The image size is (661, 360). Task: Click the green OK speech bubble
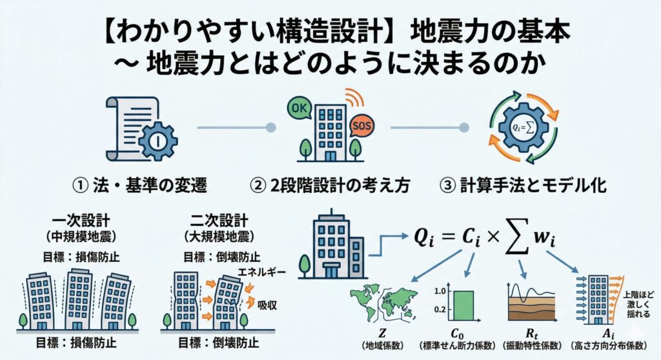coord(299,108)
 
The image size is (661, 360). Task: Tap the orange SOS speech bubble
coord(361,126)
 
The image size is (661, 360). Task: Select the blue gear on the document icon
coord(158,141)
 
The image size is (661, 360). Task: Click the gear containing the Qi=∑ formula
coord(523,127)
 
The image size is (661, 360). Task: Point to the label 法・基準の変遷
coord(150,185)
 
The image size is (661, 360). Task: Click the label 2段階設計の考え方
coord(340,185)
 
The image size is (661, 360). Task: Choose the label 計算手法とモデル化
coord(533,185)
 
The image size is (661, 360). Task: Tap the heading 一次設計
coord(81,221)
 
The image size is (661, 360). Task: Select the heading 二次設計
coord(219,221)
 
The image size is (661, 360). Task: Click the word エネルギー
coord(261,272)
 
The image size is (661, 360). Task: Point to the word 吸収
coord(267,305)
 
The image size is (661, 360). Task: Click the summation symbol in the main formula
coord(517,238)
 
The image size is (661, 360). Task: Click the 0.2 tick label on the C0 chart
coord(440,310)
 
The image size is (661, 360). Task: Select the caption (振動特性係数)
coord(533,346)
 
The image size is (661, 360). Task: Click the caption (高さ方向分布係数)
coord(608,346)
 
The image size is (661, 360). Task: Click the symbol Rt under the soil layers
coord(532,334)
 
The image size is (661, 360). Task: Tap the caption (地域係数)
coord(383,346)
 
